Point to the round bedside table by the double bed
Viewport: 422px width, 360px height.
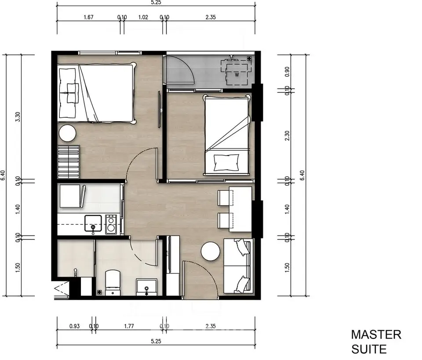coord(68,133)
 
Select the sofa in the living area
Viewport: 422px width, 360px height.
coord(238,266)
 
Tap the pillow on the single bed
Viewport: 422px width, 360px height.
coord(226,162)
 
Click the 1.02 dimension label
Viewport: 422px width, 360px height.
coord(143,18)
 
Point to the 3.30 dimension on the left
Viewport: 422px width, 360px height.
coord(18,116)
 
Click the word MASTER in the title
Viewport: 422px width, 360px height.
coord(376,335)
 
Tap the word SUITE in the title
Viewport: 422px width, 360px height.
coord(368,349)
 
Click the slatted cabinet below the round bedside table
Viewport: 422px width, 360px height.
coord(68,160)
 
